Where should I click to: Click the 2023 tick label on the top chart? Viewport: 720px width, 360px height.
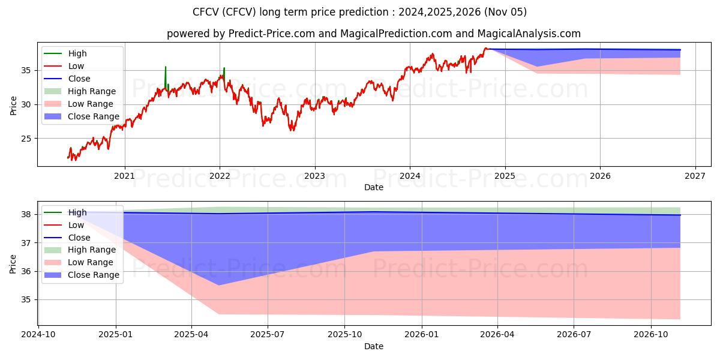click(x=314, y=176)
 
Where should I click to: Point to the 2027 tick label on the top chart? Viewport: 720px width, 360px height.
click(x=695, y=176)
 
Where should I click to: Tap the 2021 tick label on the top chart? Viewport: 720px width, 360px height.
click(x=124, y=176)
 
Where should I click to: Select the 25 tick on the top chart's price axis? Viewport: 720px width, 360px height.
click(x=26, y=139)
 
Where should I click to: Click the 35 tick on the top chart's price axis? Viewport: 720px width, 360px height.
click(x=26, y=70)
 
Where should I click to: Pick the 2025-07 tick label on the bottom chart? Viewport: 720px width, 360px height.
click(x=268, y=335)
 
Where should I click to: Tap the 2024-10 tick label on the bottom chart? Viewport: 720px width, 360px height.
click(x=39, y=335)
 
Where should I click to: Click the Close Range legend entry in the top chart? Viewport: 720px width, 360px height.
click(x=94, y=116)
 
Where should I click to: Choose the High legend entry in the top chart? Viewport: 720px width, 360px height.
click(x=77, y=53)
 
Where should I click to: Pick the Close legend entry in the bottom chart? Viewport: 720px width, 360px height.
click(x=79, y=238)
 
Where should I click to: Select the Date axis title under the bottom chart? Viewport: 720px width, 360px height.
click(x=373, y=346)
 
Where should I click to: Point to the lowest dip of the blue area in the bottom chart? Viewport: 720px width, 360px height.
click(x=218, y=285)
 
